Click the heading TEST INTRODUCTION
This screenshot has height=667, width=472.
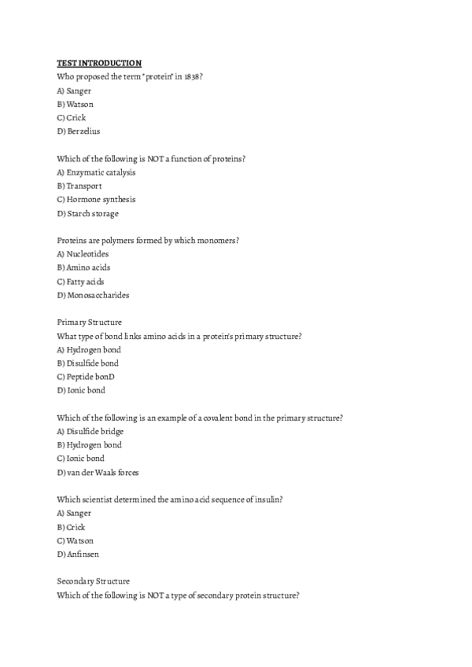pyautogui.click(x=99, y=63)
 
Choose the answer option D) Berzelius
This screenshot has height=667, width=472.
pyautogui.click(x=79, y=131)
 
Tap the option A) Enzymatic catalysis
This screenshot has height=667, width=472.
pyautogui.click(x=96, y=172)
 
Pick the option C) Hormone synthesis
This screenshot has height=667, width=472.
pyautogui.click(x=96, y=200)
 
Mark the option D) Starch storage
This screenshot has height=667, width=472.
pyautogui.click(x=88, y=213)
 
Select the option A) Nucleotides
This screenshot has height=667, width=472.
pyautogui.click(x=83, y=254)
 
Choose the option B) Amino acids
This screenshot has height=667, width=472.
pyautogui.click(x=84, y=268)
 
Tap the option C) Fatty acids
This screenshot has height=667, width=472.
pyautogui.click(x=80, y=282)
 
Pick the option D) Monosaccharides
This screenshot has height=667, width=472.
pyautogui.click(x=93, y=296)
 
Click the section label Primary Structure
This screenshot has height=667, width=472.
pyautogui.click(x=90, y=322)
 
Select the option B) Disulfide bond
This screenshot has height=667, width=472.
pyautogui.click(x=88, y=363)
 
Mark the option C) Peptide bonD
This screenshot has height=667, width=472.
pyautogui.click(x=87, y=377)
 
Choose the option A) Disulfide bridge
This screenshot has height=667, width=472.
pyautogui.click(x=90, y=432)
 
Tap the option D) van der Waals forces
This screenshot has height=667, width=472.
pyautogui.click(x=98, y=473)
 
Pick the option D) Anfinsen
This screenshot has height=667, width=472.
pyautogui.click(x=79, y=555)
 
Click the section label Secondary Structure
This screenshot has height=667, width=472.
pyautogui.click(x=94, y=581)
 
